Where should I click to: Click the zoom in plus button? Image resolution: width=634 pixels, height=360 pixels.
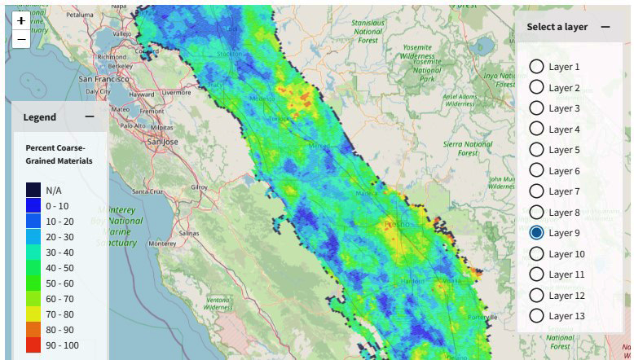coord(21,21)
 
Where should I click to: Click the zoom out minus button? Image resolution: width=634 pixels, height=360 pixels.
coord(21,39)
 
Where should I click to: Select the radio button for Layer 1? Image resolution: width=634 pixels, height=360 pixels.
coord(536,67)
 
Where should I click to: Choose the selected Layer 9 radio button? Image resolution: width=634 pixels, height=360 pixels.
coord(536,233)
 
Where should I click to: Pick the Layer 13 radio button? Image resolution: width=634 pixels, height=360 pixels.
coord(536,316)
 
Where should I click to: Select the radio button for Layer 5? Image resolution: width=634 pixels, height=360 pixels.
coord(536,150)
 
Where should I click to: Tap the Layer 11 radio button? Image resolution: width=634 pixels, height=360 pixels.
coord(536,274)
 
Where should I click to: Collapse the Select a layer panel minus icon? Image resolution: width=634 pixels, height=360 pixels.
coord(605,27)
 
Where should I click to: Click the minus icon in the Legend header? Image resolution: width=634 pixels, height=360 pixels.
coord(89,116)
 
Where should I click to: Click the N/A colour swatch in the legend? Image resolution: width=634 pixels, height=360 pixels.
coord(33,190)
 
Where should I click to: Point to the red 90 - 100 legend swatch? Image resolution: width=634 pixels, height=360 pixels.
coord(33,345)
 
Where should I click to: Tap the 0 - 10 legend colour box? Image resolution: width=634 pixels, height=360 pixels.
coord(33,205)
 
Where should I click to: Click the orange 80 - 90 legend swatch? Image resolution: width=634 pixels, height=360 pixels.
coord(33,329)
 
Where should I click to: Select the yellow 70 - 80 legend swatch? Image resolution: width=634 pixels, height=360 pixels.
coord(33,314)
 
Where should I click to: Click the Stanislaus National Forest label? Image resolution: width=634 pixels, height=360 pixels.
coord(368,31)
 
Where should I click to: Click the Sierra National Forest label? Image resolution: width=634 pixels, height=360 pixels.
coord(466,148)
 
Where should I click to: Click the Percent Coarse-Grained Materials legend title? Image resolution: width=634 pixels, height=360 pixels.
coord(59,155)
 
